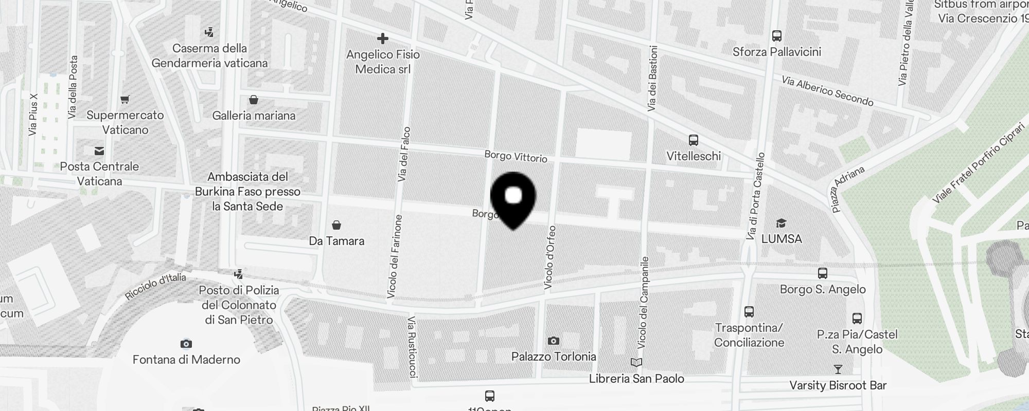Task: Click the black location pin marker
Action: coord(513,198)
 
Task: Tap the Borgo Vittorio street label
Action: coord(516,157)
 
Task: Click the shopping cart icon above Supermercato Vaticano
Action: coord(125,99)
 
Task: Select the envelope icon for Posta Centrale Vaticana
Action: coord(99,151)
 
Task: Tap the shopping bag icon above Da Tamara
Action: coord(336,225)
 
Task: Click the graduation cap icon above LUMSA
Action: coord(781,223)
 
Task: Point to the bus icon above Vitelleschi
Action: coord(693,140)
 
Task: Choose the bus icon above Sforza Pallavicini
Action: coord(776,36)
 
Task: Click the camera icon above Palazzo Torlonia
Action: coord(553,341)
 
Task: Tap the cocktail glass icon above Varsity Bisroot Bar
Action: coord(838,369)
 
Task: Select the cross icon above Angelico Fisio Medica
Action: coord(382,39)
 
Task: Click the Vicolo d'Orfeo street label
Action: coord(549,257)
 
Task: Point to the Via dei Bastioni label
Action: coord(652,79)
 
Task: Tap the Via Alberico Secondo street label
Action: coord(827,91)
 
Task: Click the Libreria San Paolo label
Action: coord(636,379)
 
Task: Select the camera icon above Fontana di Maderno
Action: coord(186,344)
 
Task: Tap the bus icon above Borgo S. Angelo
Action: coord(822,273)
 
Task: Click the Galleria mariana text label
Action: coord(254,116)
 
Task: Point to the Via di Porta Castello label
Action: coord(756,196)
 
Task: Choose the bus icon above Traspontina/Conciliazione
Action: coord(749,311)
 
